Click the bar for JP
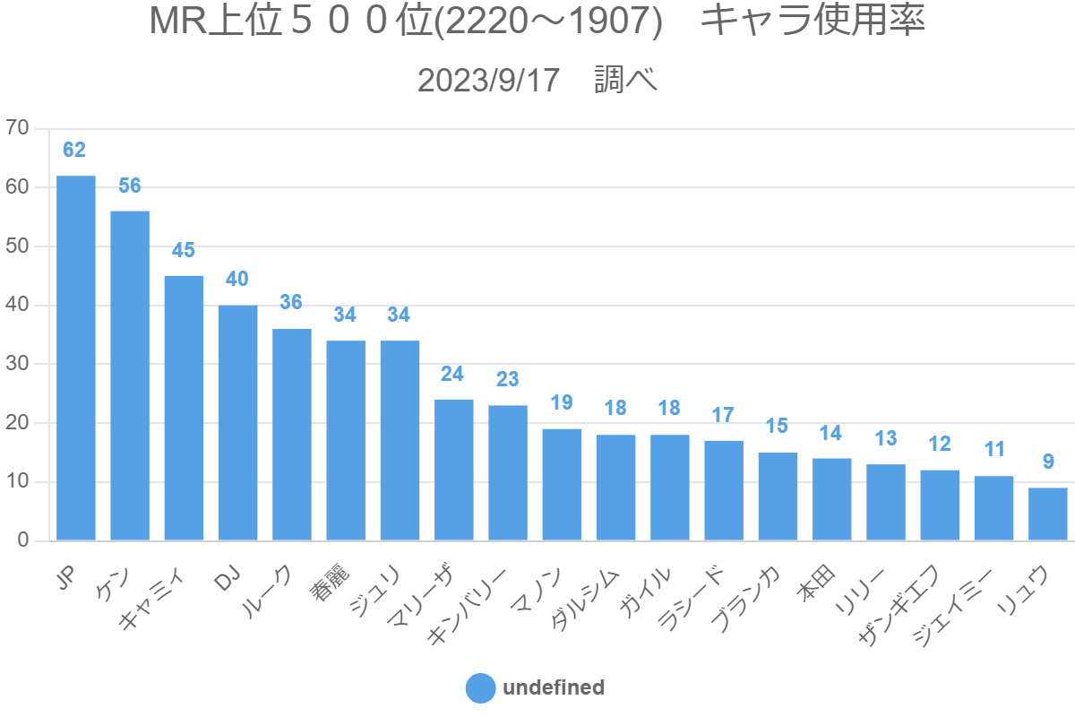tap(76, 358)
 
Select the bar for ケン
tap(130, 376)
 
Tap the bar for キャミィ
tap(184, 409)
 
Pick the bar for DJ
tap(238, 423)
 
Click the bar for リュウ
tap(1047, 514)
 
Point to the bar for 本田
tap(831, 500)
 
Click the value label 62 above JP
tap(74, 150)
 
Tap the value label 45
tap(184, 250)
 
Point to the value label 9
tap(1047, 462)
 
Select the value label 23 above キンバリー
tap(507, 379)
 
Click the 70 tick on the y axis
tap(18, 128)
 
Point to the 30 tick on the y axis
tap(18, 364)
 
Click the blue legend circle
tap(480, 688)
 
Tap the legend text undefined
tap(554, 688)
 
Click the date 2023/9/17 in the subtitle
tap(488, 81)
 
